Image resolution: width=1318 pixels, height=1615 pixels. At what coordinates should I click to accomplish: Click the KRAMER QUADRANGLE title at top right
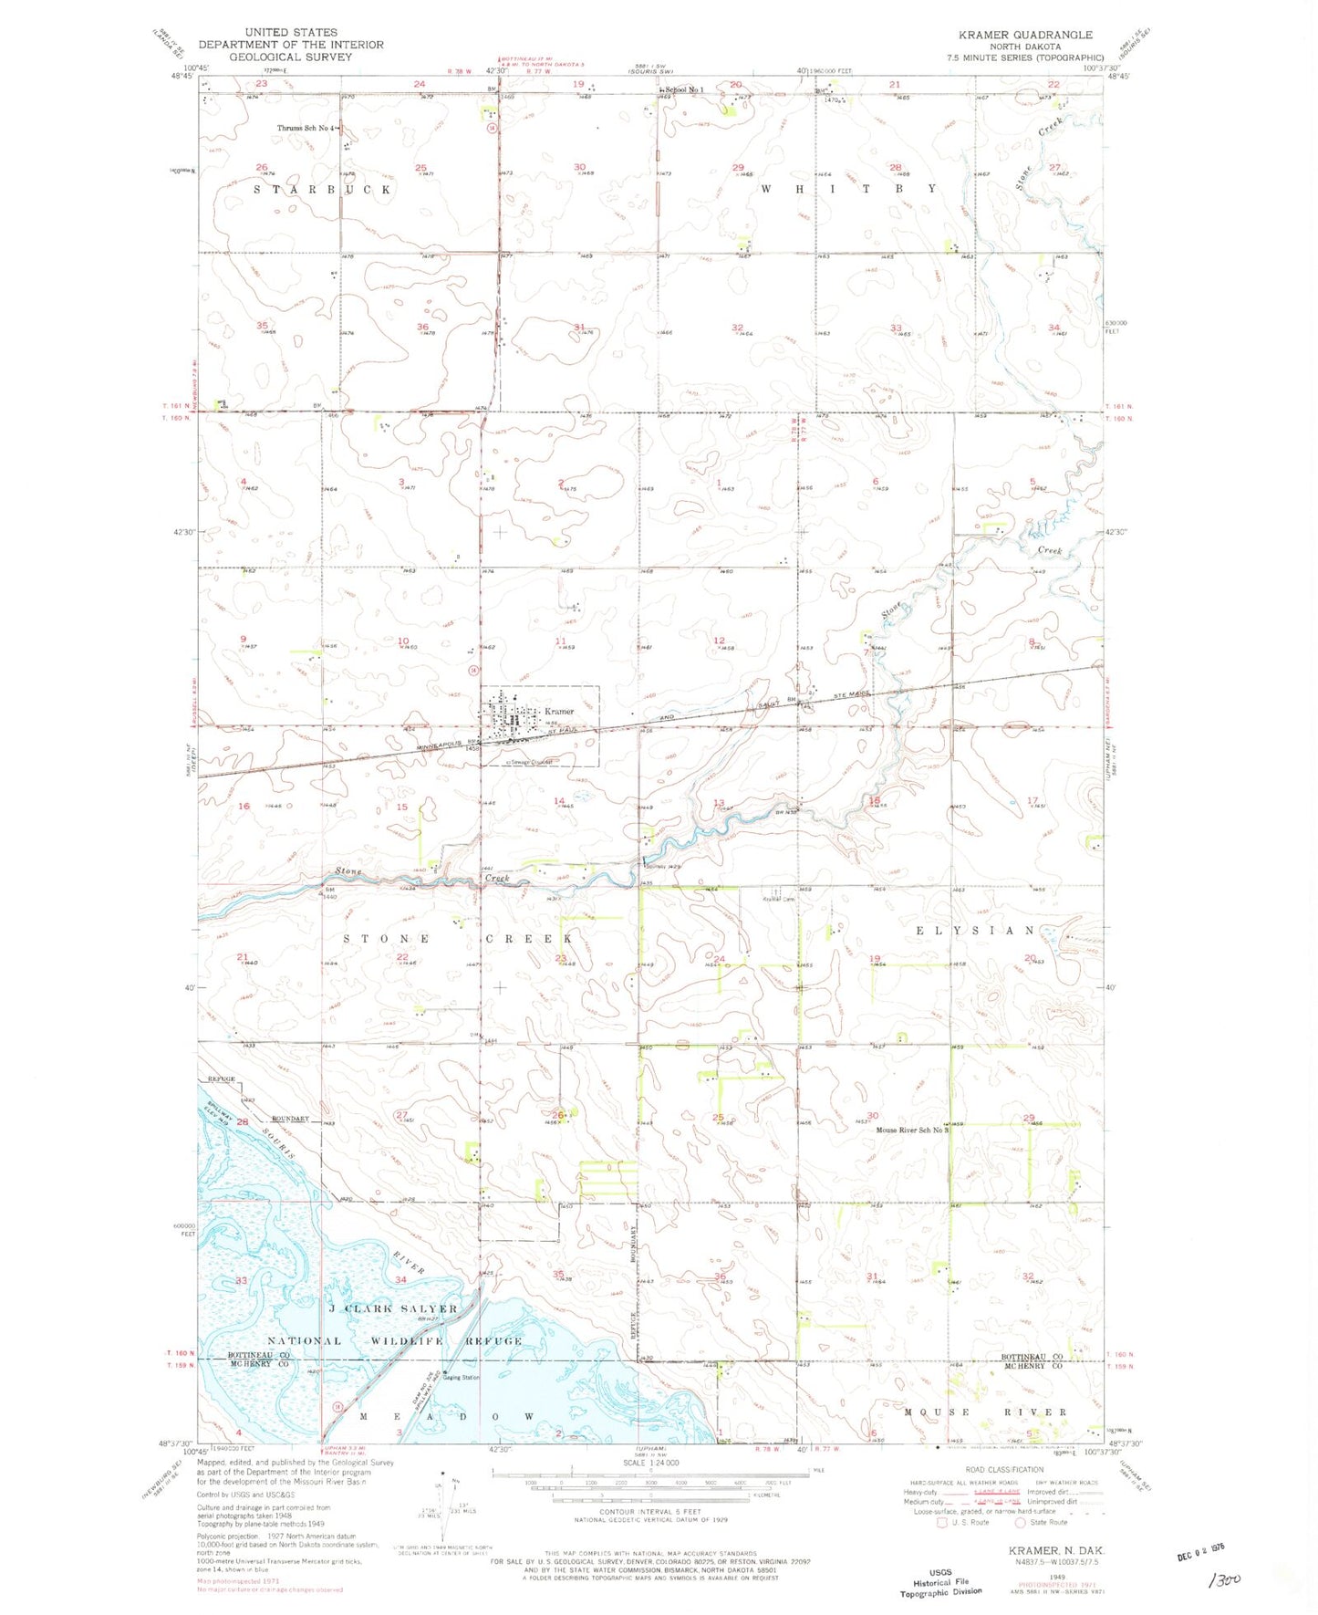1024,35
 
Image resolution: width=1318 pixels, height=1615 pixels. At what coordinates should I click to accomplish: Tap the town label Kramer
559,711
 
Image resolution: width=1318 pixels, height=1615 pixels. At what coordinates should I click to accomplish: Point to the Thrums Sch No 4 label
307,128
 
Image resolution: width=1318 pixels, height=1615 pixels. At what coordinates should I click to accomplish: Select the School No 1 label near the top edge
684,89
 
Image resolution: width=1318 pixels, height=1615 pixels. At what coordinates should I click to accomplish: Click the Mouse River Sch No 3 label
912,1130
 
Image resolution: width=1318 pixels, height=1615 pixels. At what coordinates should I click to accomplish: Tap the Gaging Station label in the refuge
462,1377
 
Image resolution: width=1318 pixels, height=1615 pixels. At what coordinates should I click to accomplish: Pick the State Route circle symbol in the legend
1020,1521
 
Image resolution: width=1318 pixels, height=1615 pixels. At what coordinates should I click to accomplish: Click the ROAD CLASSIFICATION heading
1004,1469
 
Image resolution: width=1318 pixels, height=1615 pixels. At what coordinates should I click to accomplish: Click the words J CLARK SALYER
392,1308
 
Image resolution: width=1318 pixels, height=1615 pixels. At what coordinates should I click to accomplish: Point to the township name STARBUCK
322,189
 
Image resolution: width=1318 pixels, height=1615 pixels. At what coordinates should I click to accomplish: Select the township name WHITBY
848,188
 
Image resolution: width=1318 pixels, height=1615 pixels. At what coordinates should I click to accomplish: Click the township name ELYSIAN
975,930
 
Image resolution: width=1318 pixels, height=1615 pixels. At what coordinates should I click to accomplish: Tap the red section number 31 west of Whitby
579,327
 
